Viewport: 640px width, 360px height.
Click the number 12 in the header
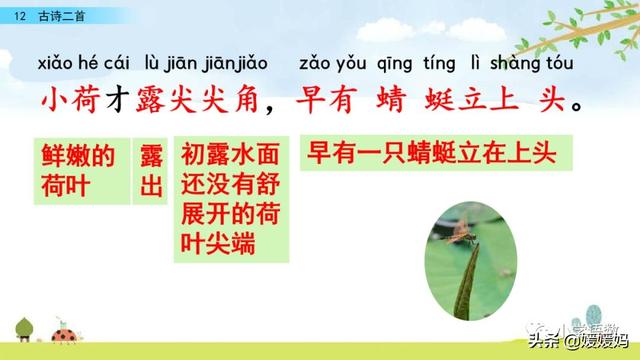pyautogui.click(x=19, y=13)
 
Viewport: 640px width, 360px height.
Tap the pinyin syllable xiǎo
pyautogui.click(x=62, y=65)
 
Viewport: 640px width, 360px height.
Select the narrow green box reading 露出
pyautogui.click(x=151, y=171)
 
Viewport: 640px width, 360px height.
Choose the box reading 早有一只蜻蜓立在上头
pyautogui.click(x=432, y=156)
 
